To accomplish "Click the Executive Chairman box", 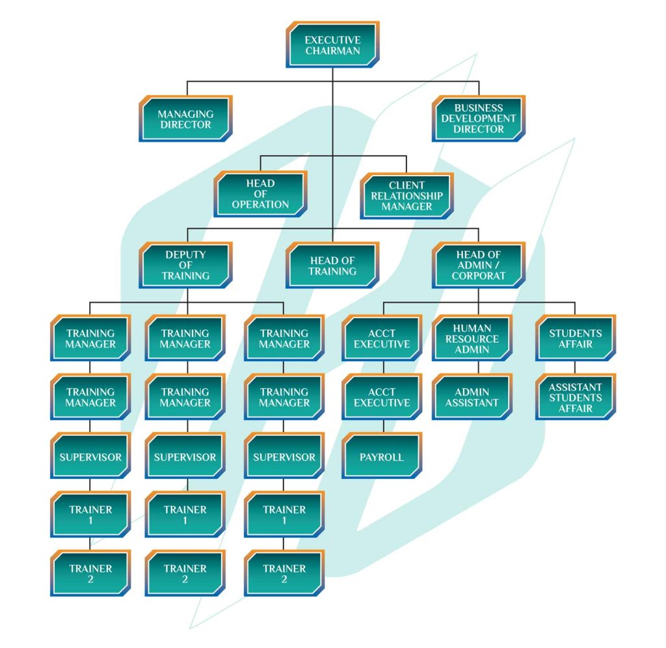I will click(332, 45).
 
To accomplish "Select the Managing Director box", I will click(185, 119).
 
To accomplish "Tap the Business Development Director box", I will click(479, 118).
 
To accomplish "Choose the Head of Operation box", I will click(261, 194).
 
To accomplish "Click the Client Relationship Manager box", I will click(406, 196).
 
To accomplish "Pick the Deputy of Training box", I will click(185, 265).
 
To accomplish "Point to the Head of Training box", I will click(332, 265).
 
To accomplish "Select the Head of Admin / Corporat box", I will click(479, 265).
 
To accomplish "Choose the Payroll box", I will click(382, 457).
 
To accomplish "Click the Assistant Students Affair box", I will click(576, 398).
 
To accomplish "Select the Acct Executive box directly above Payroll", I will click(382, 398).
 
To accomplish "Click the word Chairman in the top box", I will click(332, 51).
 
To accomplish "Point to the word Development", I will click(479, 118).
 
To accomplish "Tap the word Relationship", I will click(406, 196).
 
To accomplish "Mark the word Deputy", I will click(185, 254).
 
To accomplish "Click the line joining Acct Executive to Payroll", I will click(383, 427).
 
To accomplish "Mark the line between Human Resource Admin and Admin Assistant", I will click(479, 368).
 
